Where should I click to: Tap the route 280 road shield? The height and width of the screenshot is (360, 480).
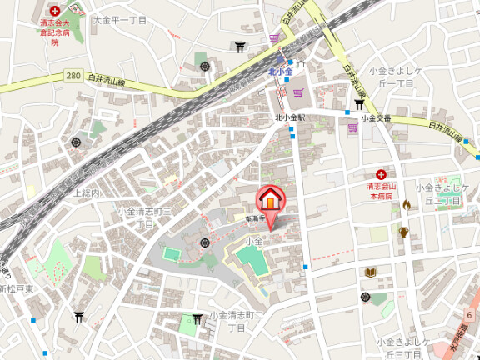(x=73, y=76)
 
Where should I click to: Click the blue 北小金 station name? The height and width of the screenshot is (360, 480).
(x=280, y=72)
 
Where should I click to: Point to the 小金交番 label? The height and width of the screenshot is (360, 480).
(x=376, y=118)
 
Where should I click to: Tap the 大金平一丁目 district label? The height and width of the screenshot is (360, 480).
(x=120, y=18)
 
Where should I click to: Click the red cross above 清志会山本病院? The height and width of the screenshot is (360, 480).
(x=380, y=175)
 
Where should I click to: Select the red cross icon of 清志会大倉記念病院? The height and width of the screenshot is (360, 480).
(x=55, y=12)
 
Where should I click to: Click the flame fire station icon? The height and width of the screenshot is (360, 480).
(x=407, y=204)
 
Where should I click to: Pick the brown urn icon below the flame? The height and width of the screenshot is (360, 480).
(x=403, y=232)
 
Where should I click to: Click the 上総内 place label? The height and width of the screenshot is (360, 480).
(x=87, y=192)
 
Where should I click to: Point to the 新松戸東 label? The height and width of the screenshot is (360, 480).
(x=17, y=289)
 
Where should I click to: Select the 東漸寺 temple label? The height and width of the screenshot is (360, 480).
(x=255, y=218)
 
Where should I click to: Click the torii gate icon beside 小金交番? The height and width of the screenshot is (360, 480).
(x=358, y=105)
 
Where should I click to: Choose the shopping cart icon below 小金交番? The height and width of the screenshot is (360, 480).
(x=353, y=132)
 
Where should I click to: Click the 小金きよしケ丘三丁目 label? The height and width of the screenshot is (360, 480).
(x=403, y=347)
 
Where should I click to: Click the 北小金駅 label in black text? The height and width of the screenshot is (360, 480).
(x=290, y=117)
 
